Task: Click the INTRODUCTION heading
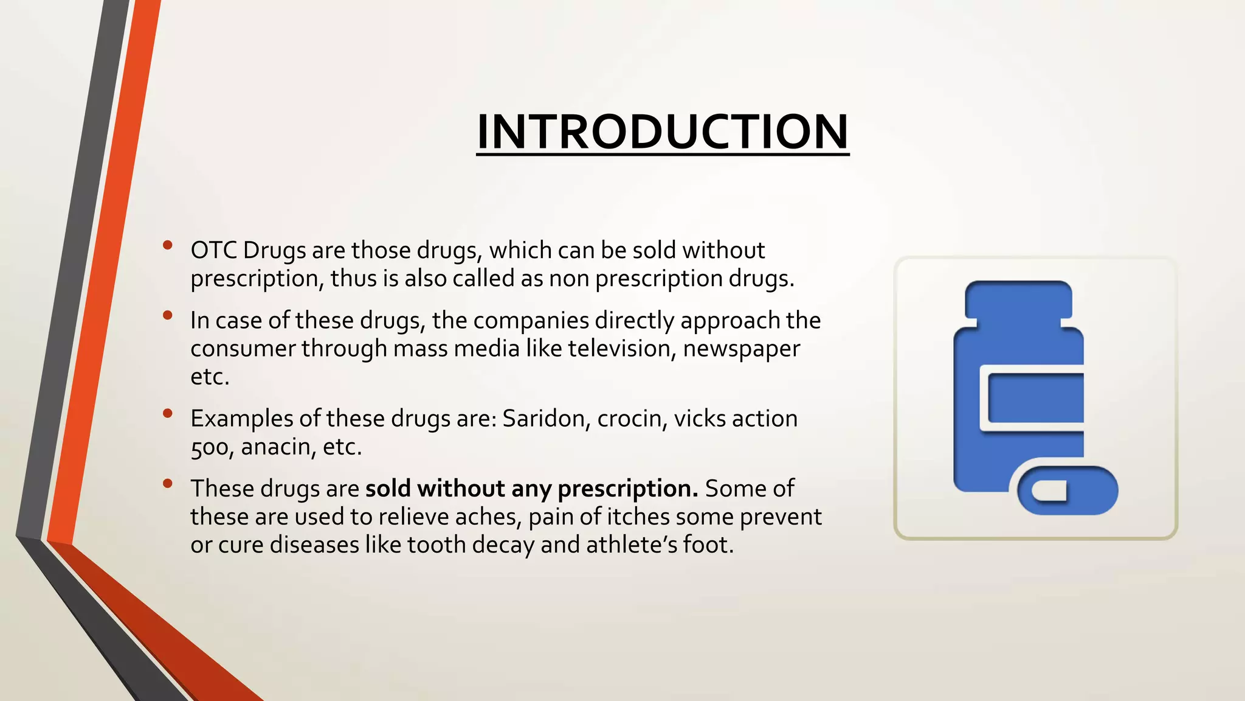(663, 132)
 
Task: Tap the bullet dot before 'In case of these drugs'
(168, 315)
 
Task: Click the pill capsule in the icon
(1067, 490)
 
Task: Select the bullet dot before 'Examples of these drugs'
(168, 414)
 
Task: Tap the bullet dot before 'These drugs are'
(168, 484)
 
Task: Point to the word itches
(637, 517)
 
